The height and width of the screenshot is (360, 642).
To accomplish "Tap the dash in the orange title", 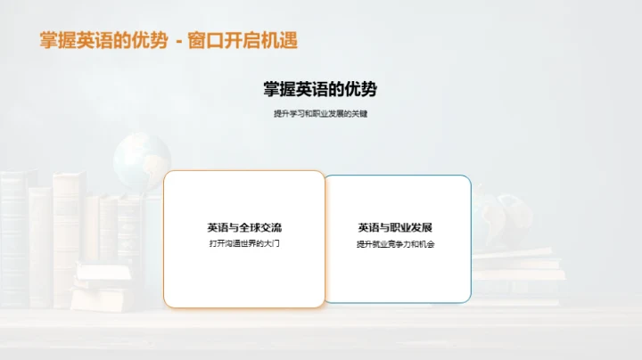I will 177,41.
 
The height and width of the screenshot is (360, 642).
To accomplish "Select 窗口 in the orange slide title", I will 207,40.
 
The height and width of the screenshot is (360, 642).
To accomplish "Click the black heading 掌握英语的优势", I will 320,89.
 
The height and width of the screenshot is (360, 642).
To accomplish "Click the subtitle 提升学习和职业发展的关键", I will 320,114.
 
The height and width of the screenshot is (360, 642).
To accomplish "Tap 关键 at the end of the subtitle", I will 358,114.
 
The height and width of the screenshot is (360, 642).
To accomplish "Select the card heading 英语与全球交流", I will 244,227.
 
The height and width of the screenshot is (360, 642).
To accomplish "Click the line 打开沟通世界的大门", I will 244,243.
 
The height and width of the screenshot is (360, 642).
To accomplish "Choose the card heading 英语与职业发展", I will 395,227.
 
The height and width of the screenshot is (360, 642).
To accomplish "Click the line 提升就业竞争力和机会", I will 395,243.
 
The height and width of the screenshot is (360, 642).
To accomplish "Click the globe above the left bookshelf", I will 141,160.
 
